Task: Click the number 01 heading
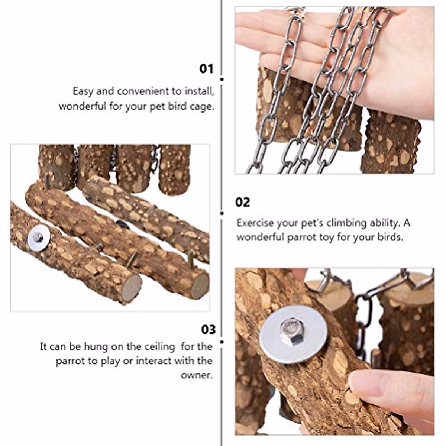point(206,69)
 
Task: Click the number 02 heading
point(243,202)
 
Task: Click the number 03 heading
point(208,329)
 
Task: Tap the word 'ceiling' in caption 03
point(158,347)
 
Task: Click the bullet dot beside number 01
point(222,79)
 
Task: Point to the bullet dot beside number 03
point(222,341)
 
